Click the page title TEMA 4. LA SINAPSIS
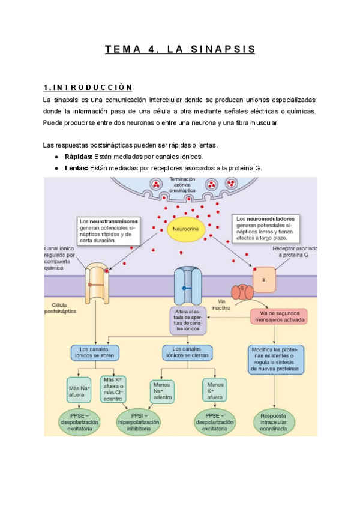[179, 49]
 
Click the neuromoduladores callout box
[268, 228]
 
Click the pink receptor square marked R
[262, 279]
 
